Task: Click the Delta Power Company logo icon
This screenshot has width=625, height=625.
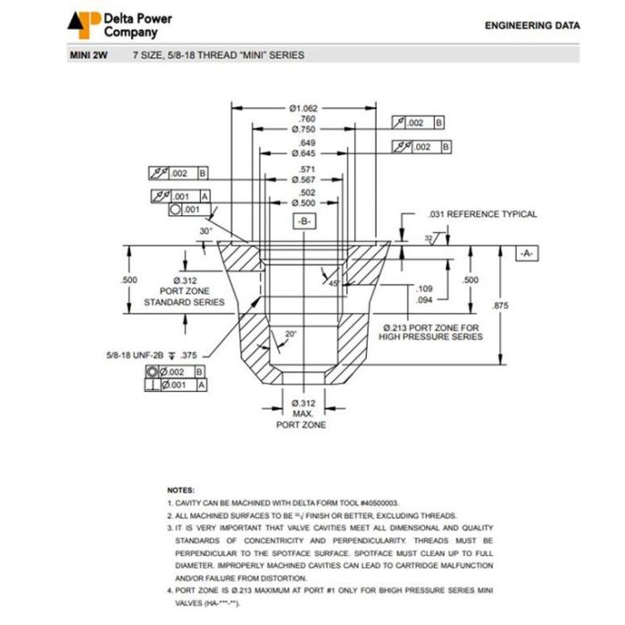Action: click(x=86, y=24)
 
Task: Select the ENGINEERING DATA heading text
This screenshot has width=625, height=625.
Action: click(x=531, y=26)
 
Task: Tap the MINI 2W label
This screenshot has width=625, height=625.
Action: click(x=88, y=55)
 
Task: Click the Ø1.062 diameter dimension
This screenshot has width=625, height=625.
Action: click(x=304, y=108)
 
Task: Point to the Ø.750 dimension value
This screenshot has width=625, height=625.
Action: click(x=304, y=130)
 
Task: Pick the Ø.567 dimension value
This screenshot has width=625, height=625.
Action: click(x=304, y=179)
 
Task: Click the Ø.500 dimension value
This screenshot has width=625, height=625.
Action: click(x=304, y=204)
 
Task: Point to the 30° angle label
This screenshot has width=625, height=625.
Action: click(x=206, y=230)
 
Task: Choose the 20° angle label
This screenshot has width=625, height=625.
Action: click(x=291, y=334)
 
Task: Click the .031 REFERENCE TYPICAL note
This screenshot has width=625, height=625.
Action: click(x=482, y=214)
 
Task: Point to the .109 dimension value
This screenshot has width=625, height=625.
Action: click(x=425, y=288)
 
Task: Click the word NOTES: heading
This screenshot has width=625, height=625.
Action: click(x=179, y=490)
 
